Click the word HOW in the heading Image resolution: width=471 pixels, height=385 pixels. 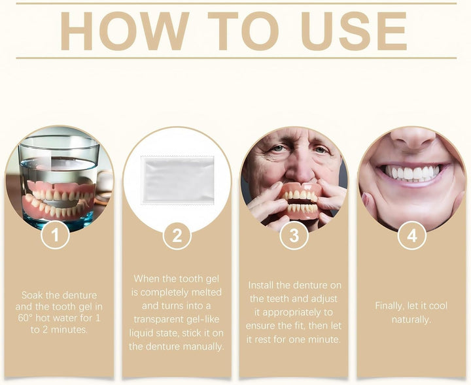[x=124, y=31]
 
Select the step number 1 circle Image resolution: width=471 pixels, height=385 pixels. [x=56, y=235]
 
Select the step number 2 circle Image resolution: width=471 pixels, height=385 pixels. [x=177, y=235]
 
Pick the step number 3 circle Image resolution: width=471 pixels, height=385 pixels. [x=294, y=235]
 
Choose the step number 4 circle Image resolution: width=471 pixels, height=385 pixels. [x=411, y=235]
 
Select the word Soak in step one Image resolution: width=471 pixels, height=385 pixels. [x=34, y=295]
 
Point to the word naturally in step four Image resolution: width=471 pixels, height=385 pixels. [x=411, y=319]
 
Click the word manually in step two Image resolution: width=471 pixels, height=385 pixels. [x=202, y=346]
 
